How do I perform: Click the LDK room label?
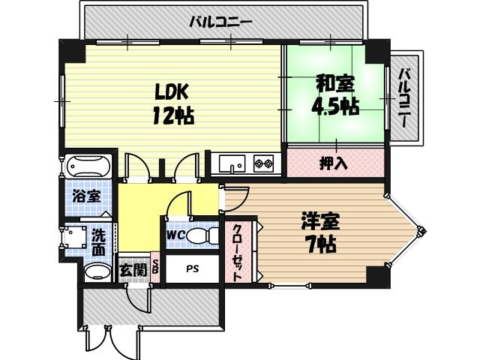click(x=171, y=92)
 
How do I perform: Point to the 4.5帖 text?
click(x=334, y=106)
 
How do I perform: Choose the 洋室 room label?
click(x=320, y=221)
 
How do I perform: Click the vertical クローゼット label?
click(x=237, y=251)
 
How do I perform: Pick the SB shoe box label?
click(x=156, y=268)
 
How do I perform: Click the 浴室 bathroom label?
click(x=88, y=196)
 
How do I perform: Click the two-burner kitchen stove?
click(x=263, y=163)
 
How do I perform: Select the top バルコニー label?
click(x=220, y=21)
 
